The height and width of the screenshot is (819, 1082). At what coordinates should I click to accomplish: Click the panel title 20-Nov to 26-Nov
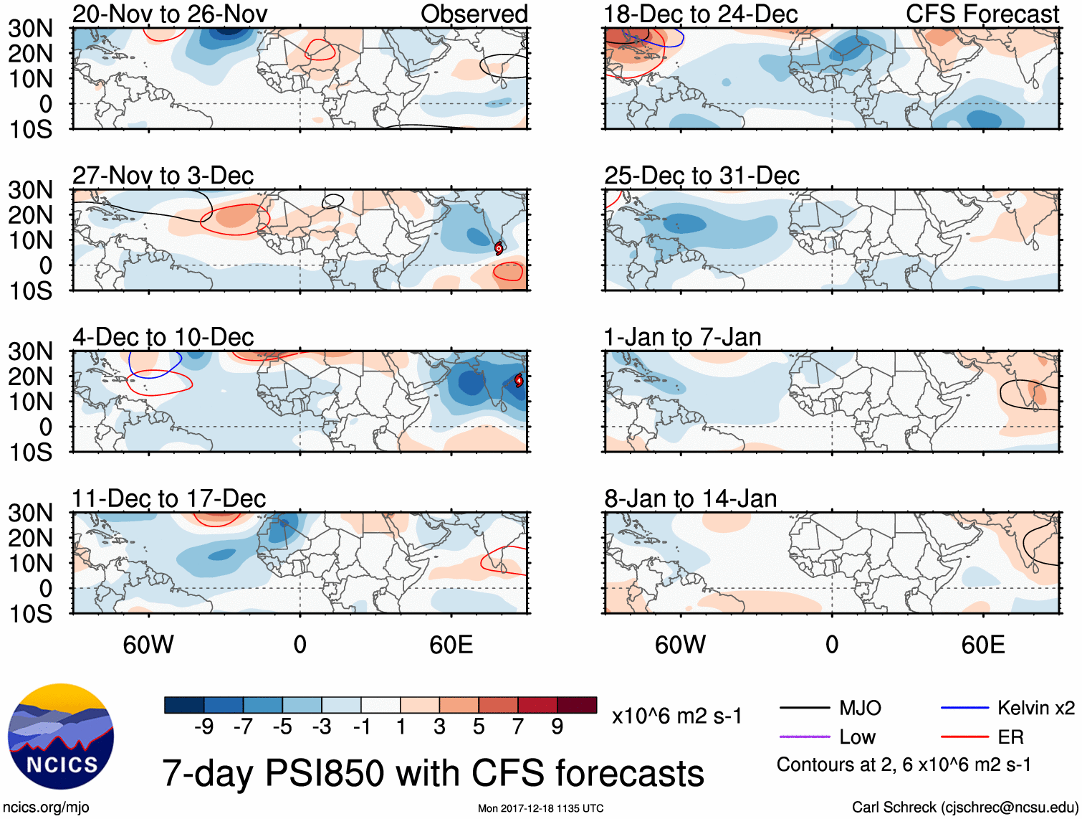(170, 14)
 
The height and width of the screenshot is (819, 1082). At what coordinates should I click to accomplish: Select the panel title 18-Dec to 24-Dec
(701, 14)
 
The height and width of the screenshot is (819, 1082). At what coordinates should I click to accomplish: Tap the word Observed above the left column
(474, 14)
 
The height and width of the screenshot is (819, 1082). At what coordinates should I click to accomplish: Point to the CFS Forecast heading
(982, 14)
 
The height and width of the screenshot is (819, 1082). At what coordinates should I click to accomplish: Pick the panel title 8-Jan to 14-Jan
(691, 498)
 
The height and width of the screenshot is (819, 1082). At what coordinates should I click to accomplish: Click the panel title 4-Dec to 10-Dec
(163, 337)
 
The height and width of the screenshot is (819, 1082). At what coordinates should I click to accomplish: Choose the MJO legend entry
(860, 709)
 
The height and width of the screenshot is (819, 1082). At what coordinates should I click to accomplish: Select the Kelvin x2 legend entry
(1035, 709)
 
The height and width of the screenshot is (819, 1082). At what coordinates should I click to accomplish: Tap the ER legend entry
(1010, 737)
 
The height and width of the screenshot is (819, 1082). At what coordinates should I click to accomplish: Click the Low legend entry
(857, 737)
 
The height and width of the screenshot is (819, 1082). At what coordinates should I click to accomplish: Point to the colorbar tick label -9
(204, 727)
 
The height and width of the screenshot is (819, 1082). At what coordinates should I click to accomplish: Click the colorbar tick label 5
(479, 727)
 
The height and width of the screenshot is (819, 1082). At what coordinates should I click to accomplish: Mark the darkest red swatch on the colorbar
(577, 705)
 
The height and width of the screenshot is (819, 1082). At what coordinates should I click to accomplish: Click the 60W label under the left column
(148, 645)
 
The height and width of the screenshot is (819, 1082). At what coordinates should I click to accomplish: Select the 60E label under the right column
(983, 645)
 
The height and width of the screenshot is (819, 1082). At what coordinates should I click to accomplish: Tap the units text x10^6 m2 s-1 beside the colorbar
(677, 716)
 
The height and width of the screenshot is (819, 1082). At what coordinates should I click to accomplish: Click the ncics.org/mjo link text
(46, 808)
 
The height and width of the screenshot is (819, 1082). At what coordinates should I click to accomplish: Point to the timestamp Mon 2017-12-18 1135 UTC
(541, 808)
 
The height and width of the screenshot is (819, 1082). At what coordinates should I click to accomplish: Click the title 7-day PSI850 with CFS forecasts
(433, 773)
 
